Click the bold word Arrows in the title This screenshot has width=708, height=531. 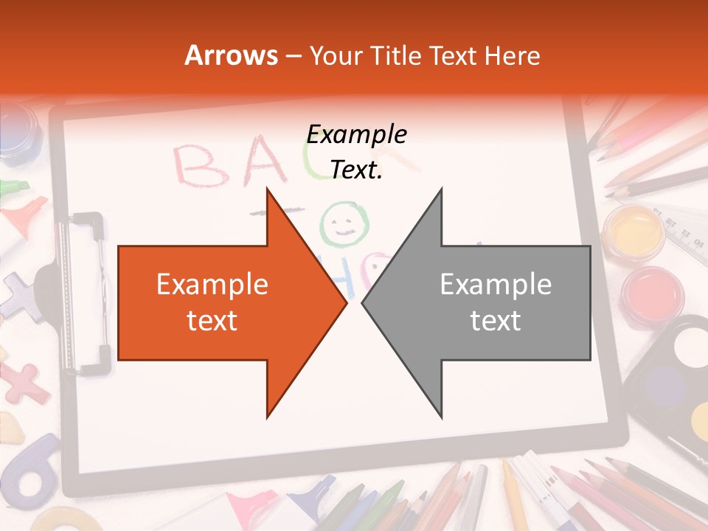[232, 55]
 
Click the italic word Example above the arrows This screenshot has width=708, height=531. [357, 134]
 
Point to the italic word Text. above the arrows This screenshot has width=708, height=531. [357, 170]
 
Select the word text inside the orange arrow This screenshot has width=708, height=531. [212, 321]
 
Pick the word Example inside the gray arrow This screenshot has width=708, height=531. [496, 284]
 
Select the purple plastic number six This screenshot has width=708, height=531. [29, 472]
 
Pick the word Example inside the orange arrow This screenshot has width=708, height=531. [212, 284]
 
